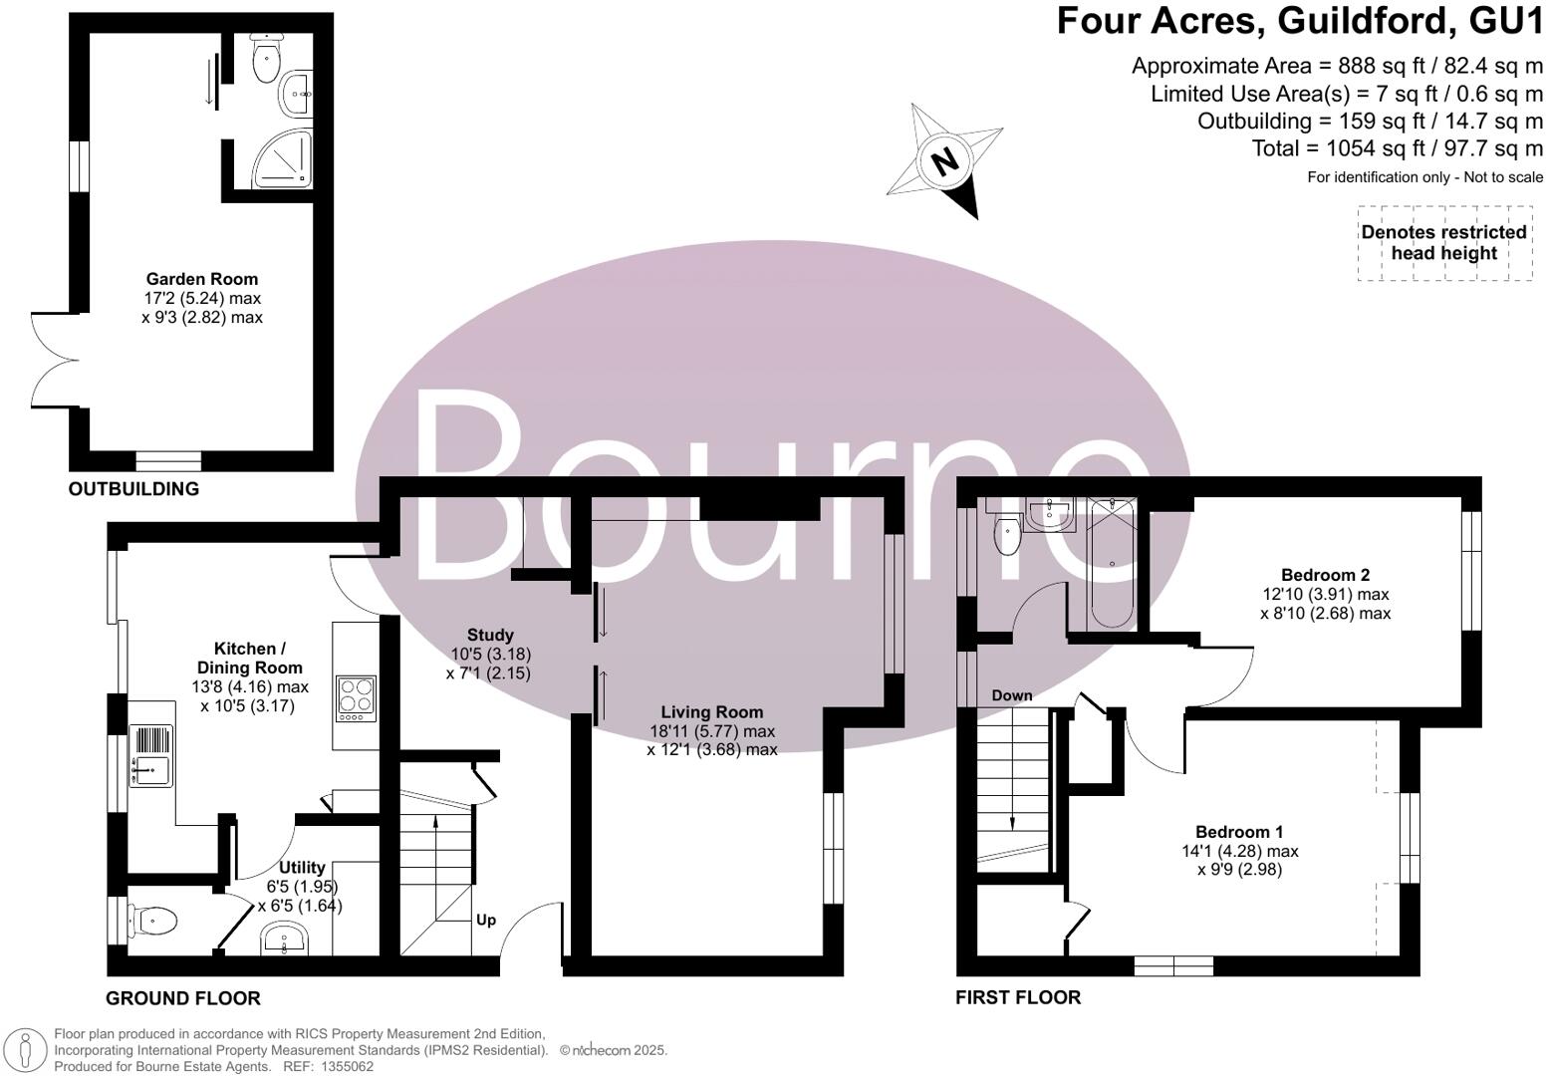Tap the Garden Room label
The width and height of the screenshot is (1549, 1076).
pyautogui.click(x=202, y=280)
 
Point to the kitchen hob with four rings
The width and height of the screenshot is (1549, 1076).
pyautogui.click(x=355, y=697)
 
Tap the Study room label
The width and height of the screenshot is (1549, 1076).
pyautogui.click(x=490, y=635)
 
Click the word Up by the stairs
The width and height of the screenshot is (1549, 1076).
pyautogui.click(x=486, y=920)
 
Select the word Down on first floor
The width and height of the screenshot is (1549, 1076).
pyautogui.click(x=1011, y=694)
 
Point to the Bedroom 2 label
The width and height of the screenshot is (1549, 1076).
pyautogui.click(x=1325, y=575)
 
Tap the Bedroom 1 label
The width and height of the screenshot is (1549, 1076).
pyautogui.click(x=1239, y=832)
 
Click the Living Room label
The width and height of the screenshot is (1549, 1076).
pyautogui.click(x=712, y=712)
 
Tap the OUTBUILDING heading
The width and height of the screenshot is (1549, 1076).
pyautogui.click(x=133, y=489)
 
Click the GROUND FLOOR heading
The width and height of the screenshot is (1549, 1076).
pyautogui.click(x=183, y=998)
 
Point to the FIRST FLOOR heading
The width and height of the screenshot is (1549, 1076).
pyautogui.click(x=1017, y=997)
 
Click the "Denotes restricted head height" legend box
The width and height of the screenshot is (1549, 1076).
pyautogui.click(x=1443, y=243)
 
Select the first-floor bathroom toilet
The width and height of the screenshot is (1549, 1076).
pyautogui.click(x=1007, y=536)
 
